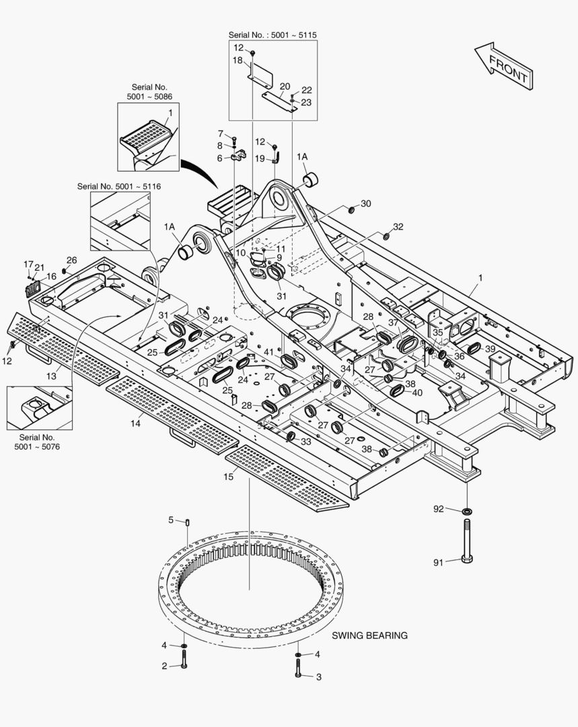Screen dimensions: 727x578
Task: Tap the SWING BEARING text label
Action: point(369,635)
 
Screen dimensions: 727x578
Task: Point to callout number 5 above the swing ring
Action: point(171,520)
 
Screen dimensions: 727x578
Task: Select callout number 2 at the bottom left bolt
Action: point(164,666)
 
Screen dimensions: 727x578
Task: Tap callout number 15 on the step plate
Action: point(228,476)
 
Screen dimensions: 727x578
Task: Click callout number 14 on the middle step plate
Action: point(136,423)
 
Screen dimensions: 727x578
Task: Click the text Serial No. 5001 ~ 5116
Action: point(118,186)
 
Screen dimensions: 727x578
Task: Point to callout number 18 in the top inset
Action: point(238,61)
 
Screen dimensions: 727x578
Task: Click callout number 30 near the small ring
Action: point(365,203)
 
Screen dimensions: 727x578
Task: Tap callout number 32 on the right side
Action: point(398,227)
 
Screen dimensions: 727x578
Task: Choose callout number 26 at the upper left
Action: point(71,260)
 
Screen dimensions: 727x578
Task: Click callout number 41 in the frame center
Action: point(268,352)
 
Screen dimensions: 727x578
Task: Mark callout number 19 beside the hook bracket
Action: point(260,158)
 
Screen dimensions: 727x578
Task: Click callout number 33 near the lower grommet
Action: point(305,442)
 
